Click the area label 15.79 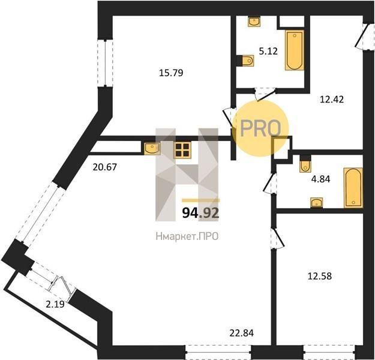tap(171, 73)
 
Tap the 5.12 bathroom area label tap(268, 51)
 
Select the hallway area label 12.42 tap(332, 99)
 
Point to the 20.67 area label tap(105, 167)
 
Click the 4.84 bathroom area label tap(321, 179)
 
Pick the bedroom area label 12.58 tap(320, 276)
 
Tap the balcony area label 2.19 tap(55, 304)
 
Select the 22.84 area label tap(242, 333)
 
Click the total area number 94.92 tap(200, 213)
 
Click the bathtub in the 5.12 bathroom tap(295, 50)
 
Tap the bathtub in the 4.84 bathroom tap(353, 188)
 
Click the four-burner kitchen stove tap(182, 150)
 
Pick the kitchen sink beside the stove tap(152, 148)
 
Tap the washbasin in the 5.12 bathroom tap(254, 22)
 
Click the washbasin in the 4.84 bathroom tap(316, 203)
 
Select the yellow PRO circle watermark tap(260, 128)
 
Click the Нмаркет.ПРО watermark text tap(187, 236)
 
